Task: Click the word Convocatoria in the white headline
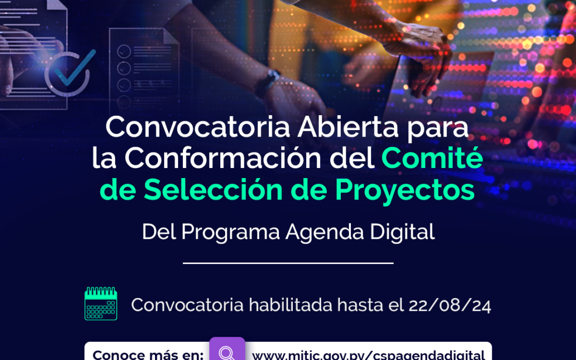(198, 127)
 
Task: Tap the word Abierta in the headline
(348, 127)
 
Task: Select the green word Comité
(432, 158)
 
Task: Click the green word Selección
(213, 189)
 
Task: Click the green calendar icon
(101, 303)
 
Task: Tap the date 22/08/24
(450, 305)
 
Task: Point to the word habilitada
(291, 305)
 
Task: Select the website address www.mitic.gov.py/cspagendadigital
(369, 355)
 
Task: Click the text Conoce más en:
(148, 355)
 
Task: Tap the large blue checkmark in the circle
(75, 68)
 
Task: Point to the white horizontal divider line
(288, 263)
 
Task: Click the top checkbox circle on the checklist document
(124, 51)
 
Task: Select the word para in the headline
(437, 129)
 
